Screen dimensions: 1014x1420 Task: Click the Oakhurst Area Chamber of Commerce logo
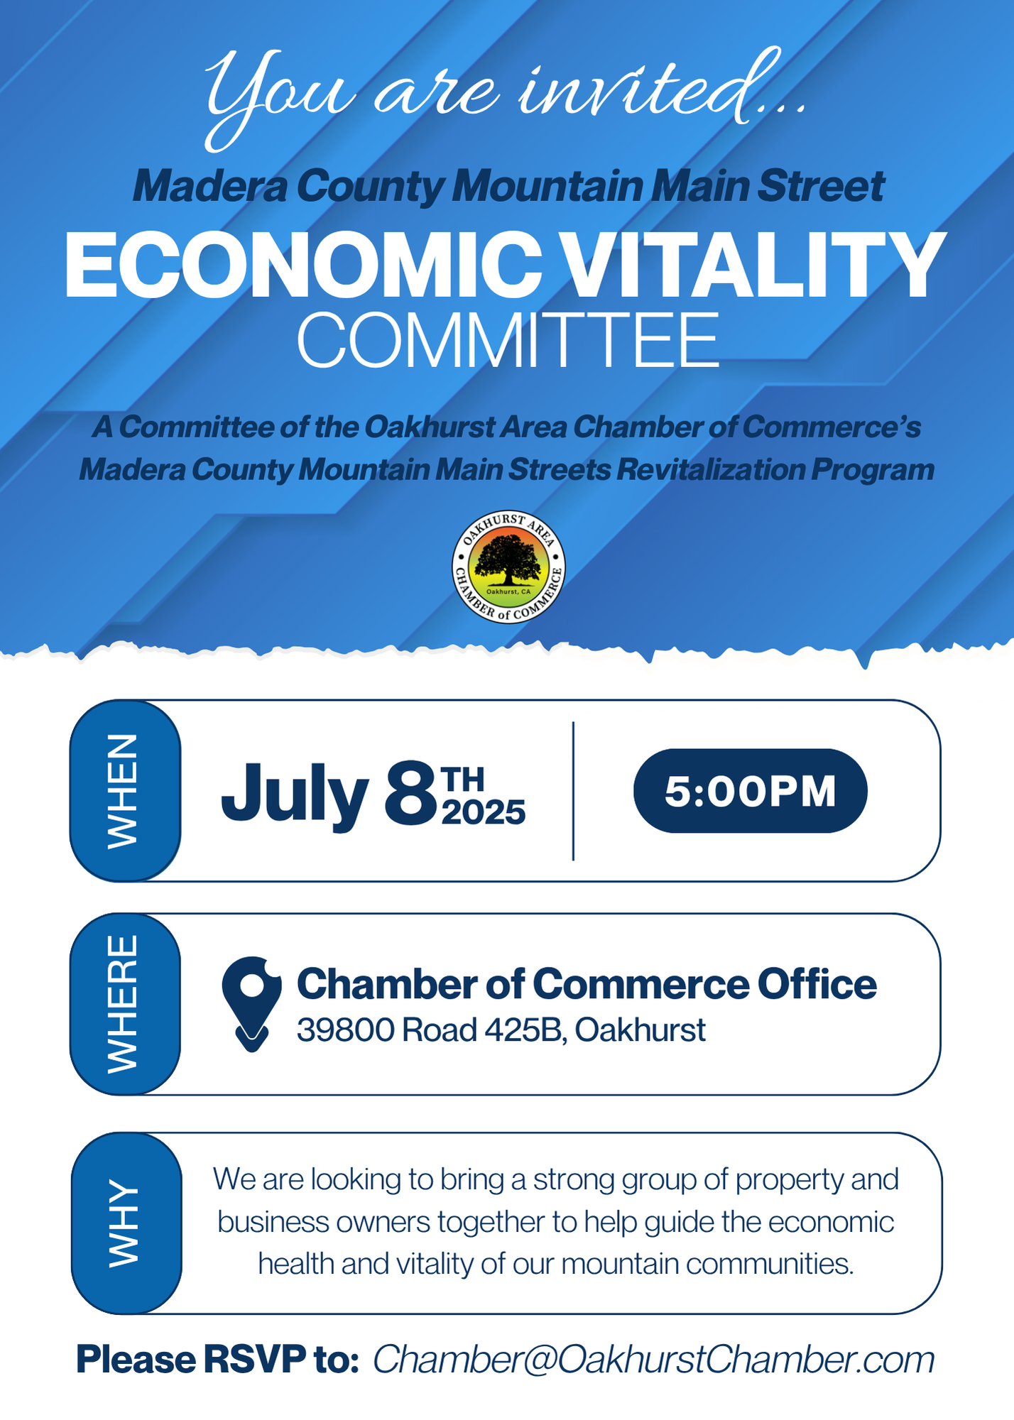(508, 567)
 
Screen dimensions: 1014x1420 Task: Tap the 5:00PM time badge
(750, 790)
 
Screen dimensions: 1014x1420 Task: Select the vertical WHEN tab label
(122, 791)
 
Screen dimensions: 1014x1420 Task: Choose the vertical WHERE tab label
(122, 1004)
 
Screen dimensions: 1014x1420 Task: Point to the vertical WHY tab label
(124, 1223)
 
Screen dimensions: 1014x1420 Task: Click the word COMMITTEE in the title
(508, 340)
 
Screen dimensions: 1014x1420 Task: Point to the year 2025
(484, 812)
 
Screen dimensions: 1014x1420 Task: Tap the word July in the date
(295, 795)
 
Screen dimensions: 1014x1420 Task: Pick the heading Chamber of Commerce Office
(587, 984)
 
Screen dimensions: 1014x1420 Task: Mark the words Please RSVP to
(217, 1360)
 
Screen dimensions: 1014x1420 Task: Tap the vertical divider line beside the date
(573, 791)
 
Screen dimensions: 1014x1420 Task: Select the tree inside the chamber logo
(508, 559)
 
